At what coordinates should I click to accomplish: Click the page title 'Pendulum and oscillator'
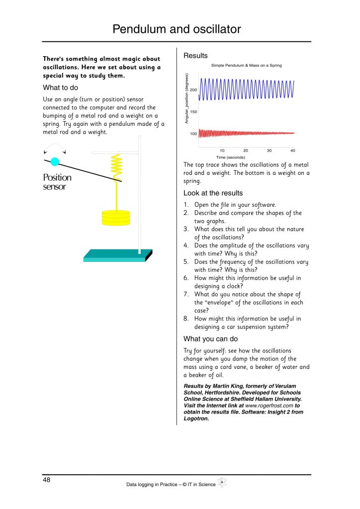pos(177,29)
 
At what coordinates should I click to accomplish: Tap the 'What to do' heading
pos(60,87)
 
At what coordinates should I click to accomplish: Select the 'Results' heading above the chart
pos(195,56)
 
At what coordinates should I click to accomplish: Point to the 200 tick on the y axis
pos(193,90)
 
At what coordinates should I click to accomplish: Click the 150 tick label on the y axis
pos(193,112)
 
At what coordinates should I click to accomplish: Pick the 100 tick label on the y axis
pos(193,134)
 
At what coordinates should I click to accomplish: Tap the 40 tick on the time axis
pos(292,151)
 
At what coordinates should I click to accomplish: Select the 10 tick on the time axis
pos(222,151)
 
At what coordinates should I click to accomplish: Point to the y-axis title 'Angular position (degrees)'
pos(187,99)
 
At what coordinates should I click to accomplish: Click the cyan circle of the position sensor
pos(55,161)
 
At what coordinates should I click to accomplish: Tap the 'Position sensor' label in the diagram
pos(57,182)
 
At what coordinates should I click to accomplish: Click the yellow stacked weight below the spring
pos(115,216)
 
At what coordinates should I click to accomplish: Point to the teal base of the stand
pos(117,255)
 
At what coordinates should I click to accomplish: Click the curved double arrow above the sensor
pos(55,148)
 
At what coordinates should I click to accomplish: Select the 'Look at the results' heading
pos(213,193)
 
